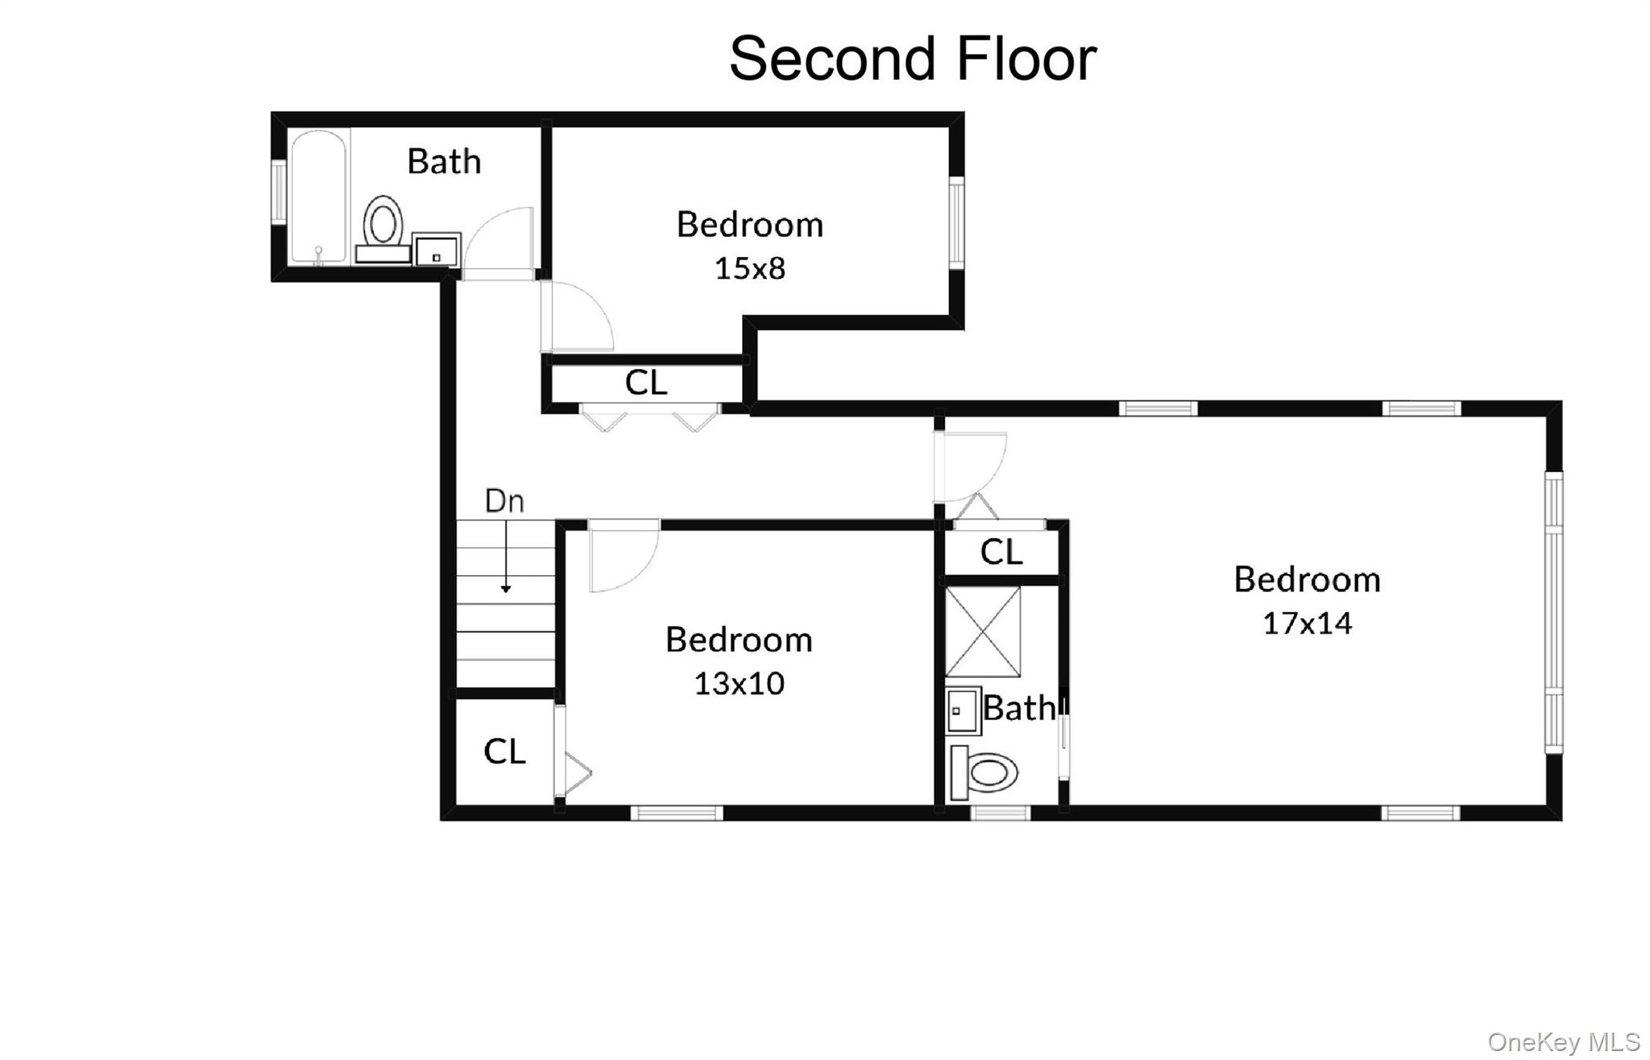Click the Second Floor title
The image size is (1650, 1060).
(912, 59)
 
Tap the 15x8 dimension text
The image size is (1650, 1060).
(749, 268)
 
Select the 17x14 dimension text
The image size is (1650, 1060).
(1306, 623)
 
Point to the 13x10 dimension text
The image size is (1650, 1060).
(738, 683)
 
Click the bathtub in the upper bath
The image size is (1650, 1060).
(319, 197)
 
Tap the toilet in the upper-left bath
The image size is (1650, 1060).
(383, 223)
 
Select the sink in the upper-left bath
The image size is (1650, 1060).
(436, 250)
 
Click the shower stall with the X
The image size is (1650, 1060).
(982, 631)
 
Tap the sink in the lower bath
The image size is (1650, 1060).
(963, 710)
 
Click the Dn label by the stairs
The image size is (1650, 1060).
(504, 501)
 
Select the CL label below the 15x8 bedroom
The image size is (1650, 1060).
(645, 383)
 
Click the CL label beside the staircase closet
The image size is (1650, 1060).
(504, 752)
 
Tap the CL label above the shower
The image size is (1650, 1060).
(1001, 552)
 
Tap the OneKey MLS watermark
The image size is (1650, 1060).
(1563, 1041)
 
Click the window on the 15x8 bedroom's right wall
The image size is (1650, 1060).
(956, 223)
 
